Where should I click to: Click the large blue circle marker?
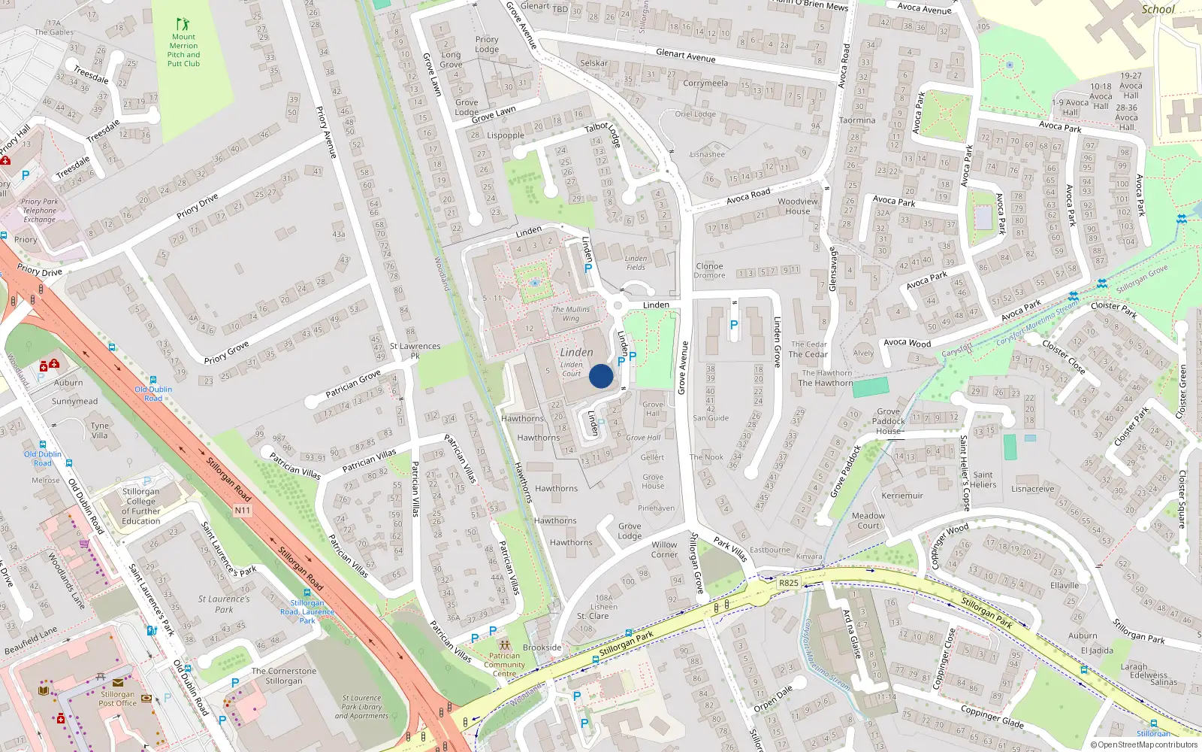(x=601, y=376)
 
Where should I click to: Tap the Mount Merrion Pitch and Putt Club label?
(x=183, y=50)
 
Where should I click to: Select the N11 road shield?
(x=242, y=511)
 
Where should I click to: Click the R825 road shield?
(x=788, y=583)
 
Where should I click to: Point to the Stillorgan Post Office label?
(x=118, y=699)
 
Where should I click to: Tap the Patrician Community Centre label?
(x=504, y=665)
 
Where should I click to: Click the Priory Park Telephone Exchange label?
(x=40, y=211)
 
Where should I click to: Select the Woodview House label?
(x=798, y=206)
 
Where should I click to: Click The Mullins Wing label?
(x=571, y=314)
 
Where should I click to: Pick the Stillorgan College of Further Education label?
(x=141, y=506)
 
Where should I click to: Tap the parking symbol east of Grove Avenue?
(x=734, y=325)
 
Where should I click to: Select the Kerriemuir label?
(x=902, y=496)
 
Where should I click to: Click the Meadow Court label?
(x=868, y=520)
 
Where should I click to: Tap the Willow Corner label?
(x=664, y=550)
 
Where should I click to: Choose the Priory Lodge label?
(x=487, y=44)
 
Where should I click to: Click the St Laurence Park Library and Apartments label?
(x=361, y=707)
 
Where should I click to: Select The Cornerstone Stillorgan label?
(x=283, y=676)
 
